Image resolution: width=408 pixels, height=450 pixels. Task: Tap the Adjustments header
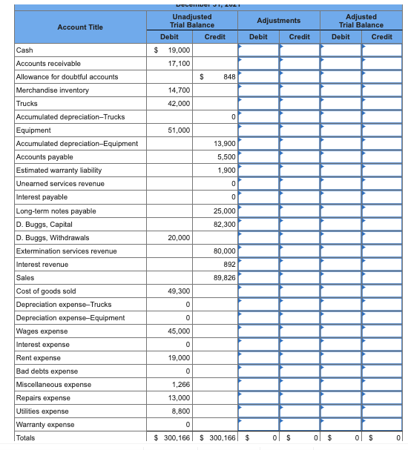[x=279, y=20]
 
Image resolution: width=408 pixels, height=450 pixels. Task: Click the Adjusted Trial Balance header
[x=361, y=20]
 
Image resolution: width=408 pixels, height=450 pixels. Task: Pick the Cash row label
[x=24, y=50]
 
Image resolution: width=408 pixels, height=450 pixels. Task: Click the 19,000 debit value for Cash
[x=178, y=50]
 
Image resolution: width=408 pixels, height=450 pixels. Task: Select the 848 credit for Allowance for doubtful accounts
[x=228, y=76]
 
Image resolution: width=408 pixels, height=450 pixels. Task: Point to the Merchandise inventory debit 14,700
[x=178, y=90]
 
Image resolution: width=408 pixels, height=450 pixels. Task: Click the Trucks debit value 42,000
[x=178, y=103]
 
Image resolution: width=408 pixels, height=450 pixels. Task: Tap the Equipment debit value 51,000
[x=178, y=130]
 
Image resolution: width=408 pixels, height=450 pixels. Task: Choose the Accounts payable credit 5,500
[x=226, y=156]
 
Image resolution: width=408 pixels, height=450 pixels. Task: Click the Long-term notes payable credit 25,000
[x=224, y=211]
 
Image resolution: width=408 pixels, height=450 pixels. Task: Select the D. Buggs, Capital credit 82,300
[x=224, y=224]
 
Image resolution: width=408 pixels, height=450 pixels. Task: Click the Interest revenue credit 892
[x=228, y=264]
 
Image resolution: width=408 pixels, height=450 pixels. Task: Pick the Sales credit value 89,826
[x=224, y=277]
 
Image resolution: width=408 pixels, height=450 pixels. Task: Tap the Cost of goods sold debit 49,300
[x=178, y=291]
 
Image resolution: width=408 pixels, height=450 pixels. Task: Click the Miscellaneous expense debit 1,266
[x=180, y=384]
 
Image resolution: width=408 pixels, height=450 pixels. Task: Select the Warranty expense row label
[x=45, y=425]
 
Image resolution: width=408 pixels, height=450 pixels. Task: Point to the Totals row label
[x=25, y=438]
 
